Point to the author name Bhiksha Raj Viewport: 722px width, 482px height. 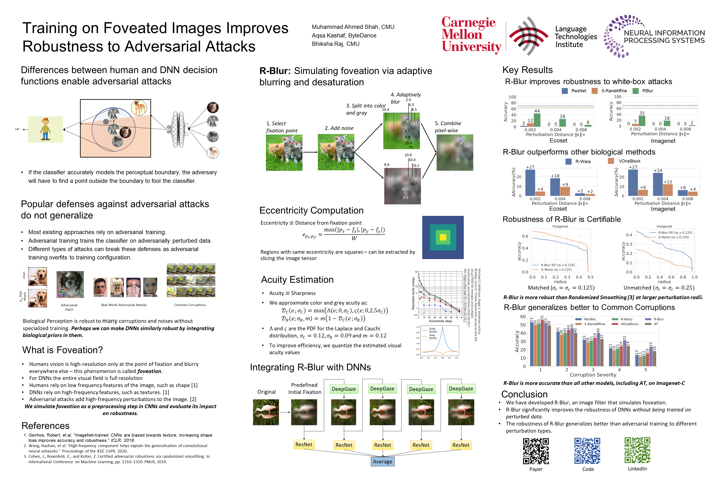pos(335,44)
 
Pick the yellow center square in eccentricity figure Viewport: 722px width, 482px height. pos(443,237)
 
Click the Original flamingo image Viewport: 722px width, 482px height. pos(266,412)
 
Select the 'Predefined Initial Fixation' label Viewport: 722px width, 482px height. pos(305,388)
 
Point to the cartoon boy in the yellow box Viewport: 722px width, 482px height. pos(45,129)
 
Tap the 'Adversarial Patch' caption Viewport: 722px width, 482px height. pos(69,307)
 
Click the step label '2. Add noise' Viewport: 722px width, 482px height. pos(339,128)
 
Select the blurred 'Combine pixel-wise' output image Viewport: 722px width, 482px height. pos(455,153)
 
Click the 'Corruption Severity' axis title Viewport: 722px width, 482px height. pos(593,375)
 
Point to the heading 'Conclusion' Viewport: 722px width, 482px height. pos(524,394)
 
